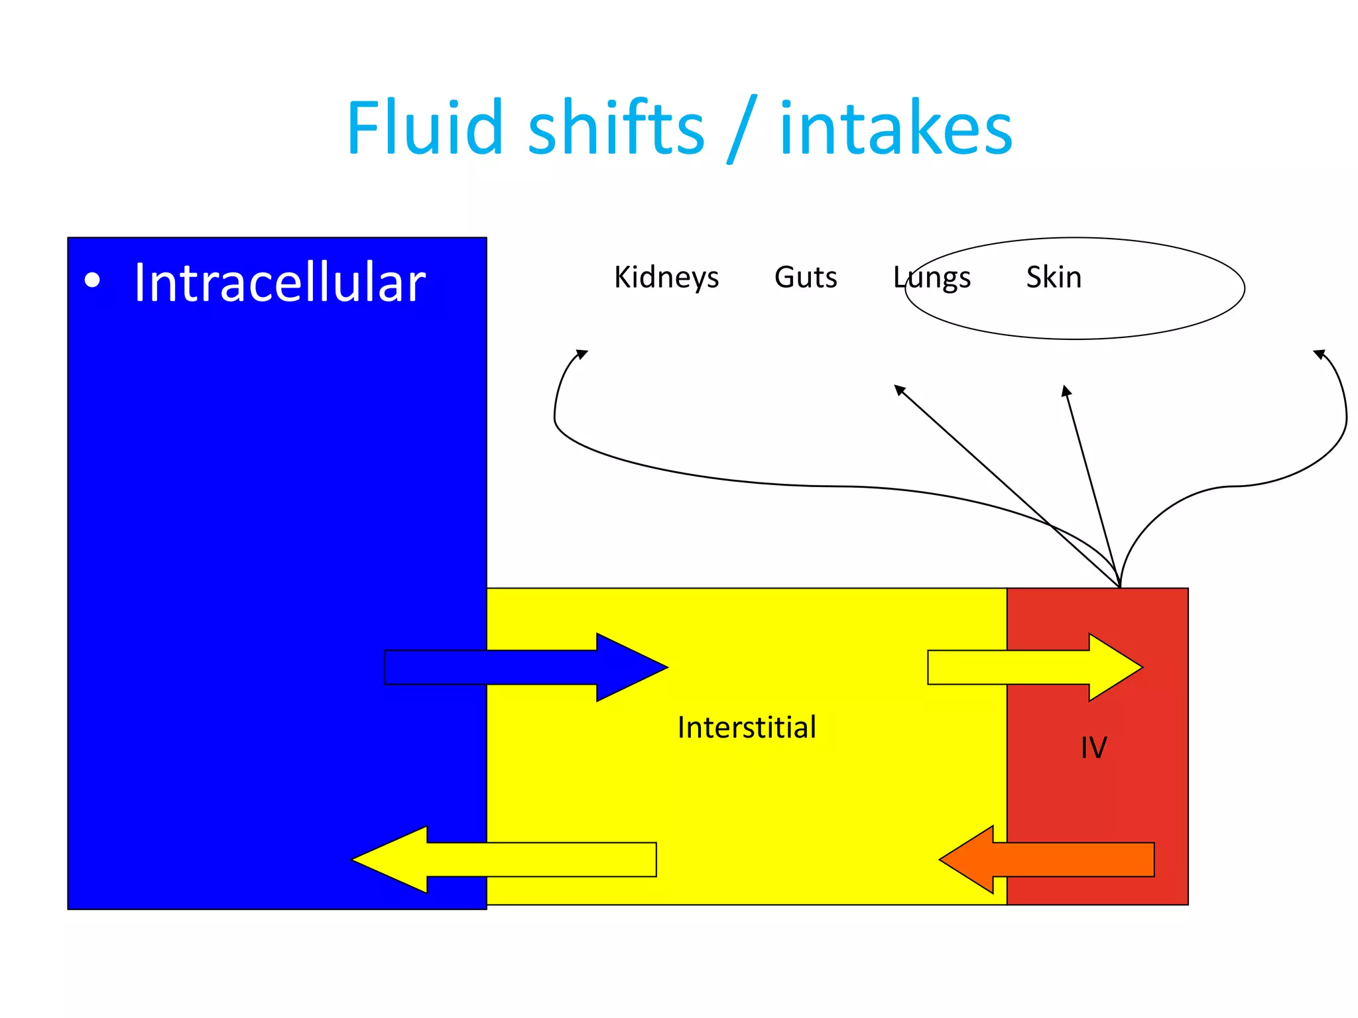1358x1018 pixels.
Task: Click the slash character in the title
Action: pyautogui.click(x=742, y=129)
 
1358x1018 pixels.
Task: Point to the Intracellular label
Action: pyautogui.click(x=279, y=283)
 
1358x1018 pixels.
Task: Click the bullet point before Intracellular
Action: pyautogui.click(x=93, y=280)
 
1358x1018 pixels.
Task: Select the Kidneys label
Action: pyautogui.click(x=666, y=277)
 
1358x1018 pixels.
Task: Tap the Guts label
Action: pyautogui.click(x=806, y=277)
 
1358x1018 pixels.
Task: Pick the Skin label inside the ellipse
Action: pyautogui.click(x=1054, y=277)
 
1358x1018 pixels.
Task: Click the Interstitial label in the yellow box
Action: pyautogui.click(x=747, y=728)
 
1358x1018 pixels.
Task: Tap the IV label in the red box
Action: pyautogui.click(x=1093, y=748)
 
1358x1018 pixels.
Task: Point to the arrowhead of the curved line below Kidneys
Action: pyautogui.click(x=582, y=354)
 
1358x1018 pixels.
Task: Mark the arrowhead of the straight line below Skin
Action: pyautogui.click(x=1066, y=390)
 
